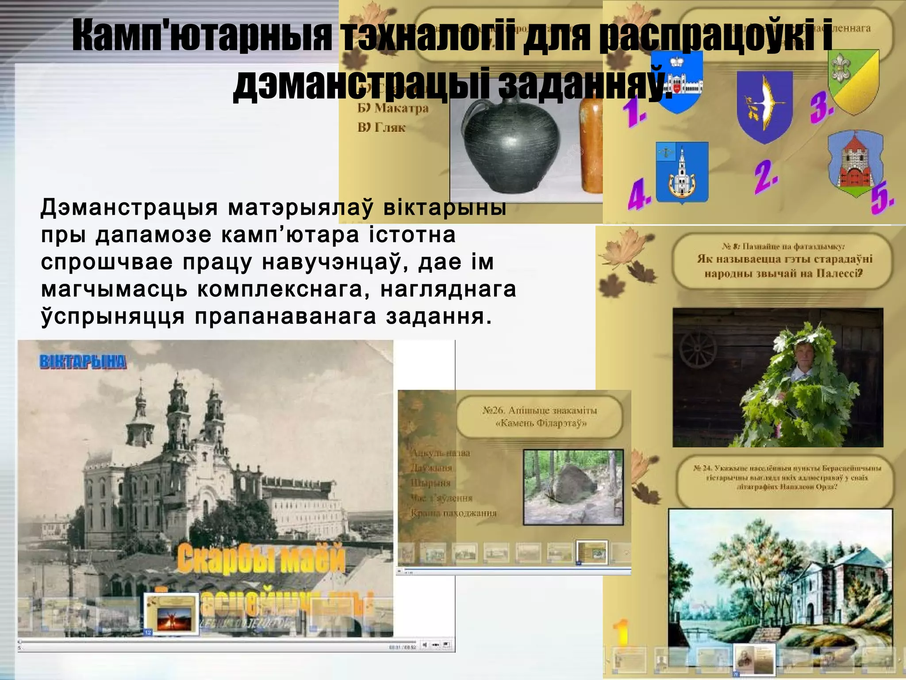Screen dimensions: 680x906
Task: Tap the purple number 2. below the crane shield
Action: (766, 177)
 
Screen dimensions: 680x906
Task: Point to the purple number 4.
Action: (639, 195)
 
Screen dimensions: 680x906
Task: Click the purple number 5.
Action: (882, 200)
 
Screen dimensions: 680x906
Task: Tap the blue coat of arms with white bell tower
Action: (682, 172)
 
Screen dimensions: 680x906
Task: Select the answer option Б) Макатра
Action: (393, 108)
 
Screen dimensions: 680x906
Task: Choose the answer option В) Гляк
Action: (381, 128)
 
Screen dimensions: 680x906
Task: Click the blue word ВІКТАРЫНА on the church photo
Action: (83, 362)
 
